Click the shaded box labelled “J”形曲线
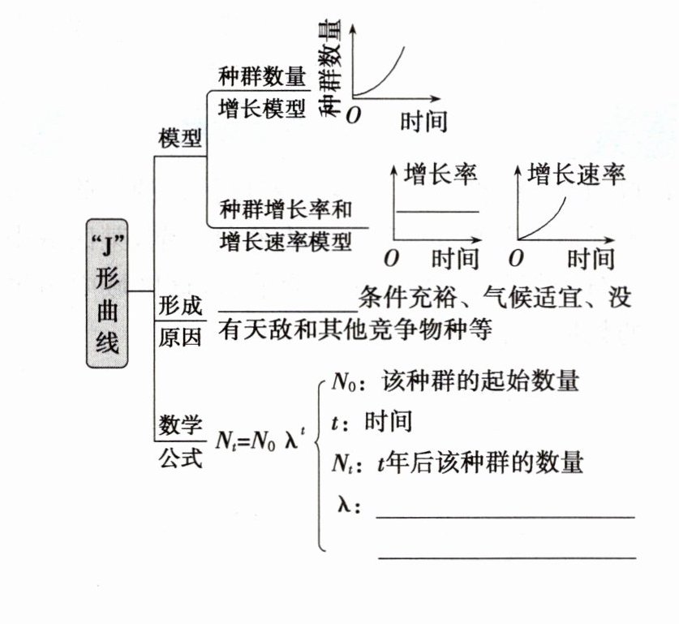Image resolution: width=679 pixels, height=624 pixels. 108,293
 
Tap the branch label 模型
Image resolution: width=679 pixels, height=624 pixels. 180,139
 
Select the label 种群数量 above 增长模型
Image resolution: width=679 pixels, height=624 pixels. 262,76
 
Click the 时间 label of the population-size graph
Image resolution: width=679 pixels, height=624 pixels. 423,122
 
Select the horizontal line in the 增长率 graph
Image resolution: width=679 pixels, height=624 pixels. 438,212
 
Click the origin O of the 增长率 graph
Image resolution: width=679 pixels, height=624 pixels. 391,259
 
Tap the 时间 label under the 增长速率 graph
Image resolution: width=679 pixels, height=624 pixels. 590,259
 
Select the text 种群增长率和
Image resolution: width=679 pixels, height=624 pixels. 286,209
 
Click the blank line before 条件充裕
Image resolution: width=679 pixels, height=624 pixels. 287,309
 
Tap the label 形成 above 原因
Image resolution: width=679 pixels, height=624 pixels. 180,306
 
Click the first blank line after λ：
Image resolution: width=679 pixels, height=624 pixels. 505,516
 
